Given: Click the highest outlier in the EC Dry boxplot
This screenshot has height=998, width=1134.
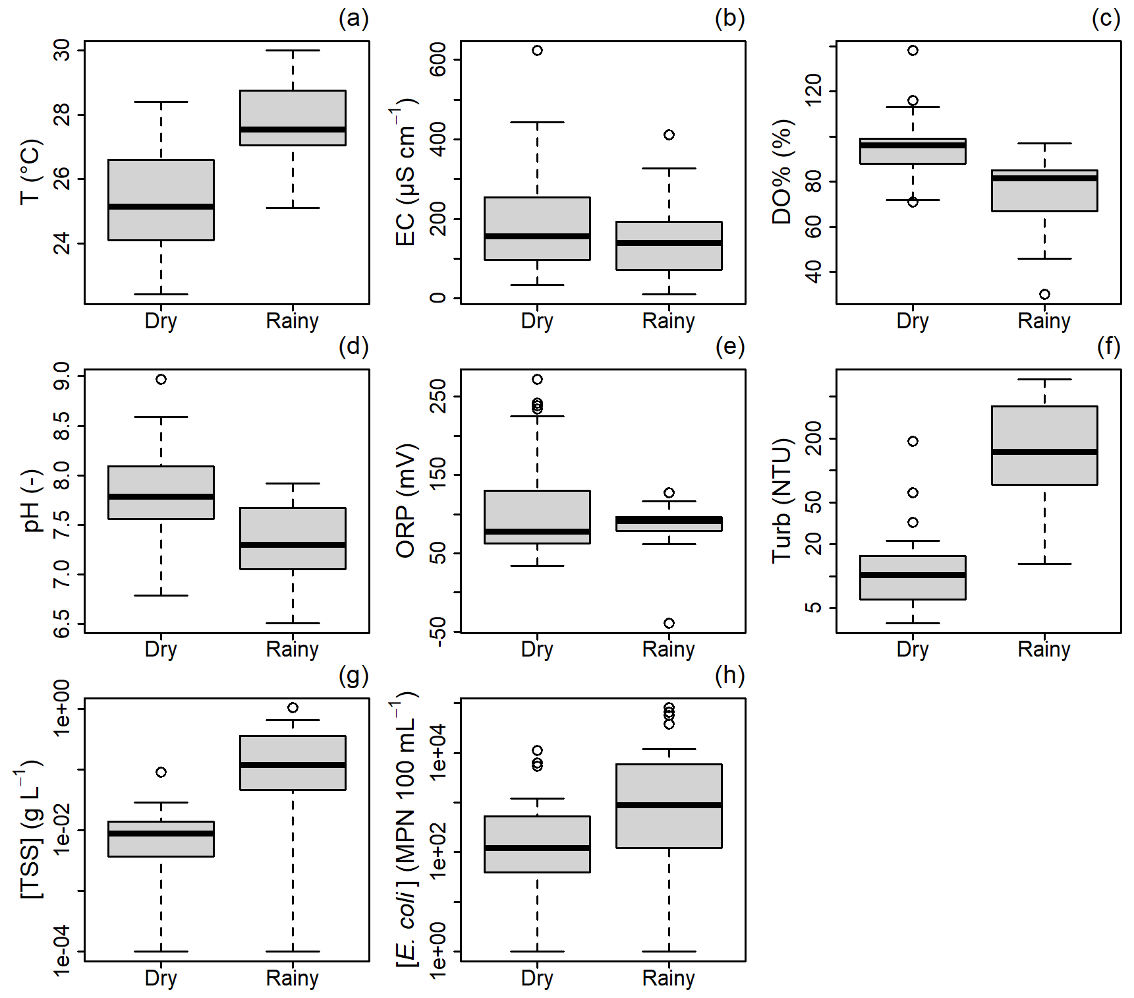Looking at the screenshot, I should tap(537, 51).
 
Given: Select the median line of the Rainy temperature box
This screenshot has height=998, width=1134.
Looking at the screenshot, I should tap(293, 129).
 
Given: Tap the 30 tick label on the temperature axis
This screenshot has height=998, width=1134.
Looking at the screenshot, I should tap(62, 50).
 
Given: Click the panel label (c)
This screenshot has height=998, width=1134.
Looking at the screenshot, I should tap(1106, 18).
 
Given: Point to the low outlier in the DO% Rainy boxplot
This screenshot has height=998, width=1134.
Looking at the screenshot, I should tap(1044, 294).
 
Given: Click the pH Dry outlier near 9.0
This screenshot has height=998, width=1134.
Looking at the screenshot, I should tap(161, 379).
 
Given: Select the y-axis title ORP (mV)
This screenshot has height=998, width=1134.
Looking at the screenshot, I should tap(406, 501).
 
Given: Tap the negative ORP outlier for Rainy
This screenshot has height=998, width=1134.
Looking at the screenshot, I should tap(669, 623).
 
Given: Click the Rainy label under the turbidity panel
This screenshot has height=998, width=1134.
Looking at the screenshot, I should tap(1044, 649).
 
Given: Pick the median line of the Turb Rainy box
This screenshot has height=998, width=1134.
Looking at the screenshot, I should tap(1044, 452).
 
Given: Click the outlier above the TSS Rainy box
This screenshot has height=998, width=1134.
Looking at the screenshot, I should tap(293, 707).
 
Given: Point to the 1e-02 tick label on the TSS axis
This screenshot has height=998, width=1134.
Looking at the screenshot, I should tap(62, 829).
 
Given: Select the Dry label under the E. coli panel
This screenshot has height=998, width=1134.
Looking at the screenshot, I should tap(537, 978).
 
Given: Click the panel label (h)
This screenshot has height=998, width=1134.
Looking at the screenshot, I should tap(729, 676).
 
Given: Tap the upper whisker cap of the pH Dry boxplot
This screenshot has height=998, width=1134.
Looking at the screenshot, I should tap(161, 417).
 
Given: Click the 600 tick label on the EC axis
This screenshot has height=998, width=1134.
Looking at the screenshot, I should tap(438, 59).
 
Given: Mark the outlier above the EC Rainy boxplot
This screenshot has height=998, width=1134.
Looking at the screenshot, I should tap(669, 134).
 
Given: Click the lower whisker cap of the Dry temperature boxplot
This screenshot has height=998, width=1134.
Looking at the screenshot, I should tap(161, 294).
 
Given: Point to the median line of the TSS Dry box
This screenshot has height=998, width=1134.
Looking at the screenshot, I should tap(161, 833).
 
